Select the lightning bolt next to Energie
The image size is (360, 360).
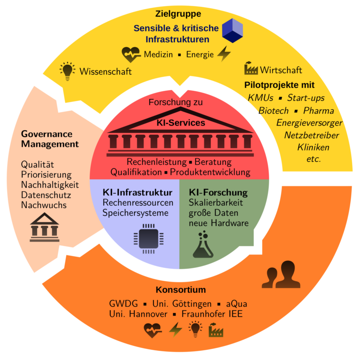pos(224,54)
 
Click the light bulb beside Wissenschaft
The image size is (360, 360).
pos(68,71)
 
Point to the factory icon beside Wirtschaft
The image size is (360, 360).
pos(251,69)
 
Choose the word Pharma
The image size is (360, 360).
pos(318,111)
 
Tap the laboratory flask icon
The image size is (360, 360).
pos(202,244)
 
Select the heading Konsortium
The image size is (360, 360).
pos(181,290)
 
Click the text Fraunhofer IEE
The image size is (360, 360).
pos(211,314)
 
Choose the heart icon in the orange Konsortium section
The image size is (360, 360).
pos(153,331)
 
